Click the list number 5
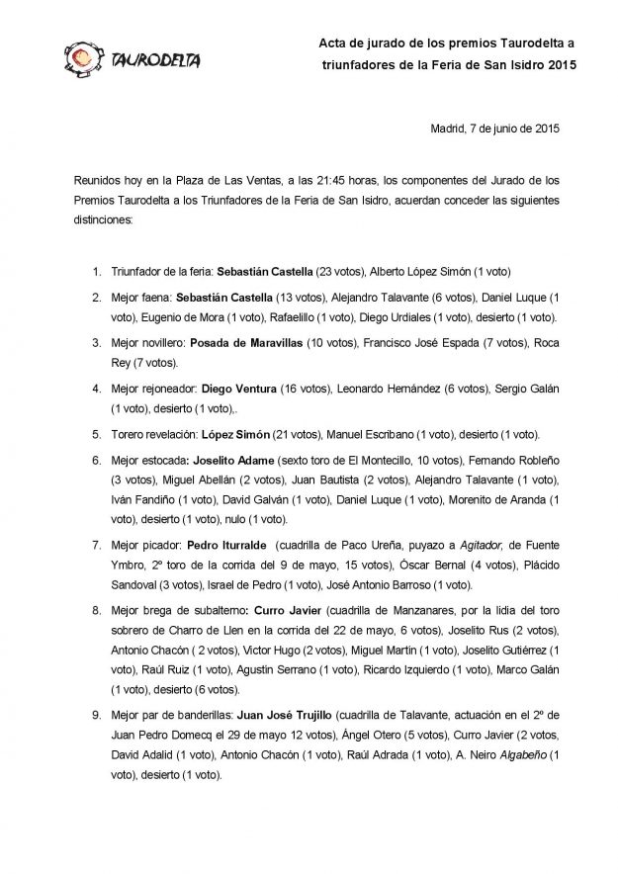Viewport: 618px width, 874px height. pyautogui.click(x=95, y=434)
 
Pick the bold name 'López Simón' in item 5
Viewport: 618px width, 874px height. pyautogui.click(x=230, y=434)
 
